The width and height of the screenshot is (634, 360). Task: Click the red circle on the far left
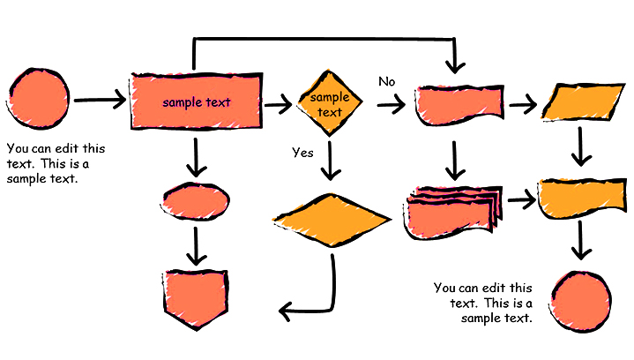point(39,99)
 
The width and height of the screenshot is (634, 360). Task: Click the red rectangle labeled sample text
point(196,101)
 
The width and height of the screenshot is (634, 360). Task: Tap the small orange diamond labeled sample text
point(329,104)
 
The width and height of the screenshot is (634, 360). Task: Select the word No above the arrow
point(386,81)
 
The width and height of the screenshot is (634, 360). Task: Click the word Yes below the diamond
point(302,153)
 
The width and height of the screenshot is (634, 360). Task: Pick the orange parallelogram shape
point(576,102)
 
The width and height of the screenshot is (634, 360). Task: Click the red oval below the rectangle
point(196,201)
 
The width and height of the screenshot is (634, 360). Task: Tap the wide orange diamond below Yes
point(332,216)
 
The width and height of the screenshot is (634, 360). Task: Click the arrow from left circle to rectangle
point(100,100)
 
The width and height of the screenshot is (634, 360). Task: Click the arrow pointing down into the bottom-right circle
point(579,240)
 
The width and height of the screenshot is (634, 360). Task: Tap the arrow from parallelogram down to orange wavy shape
point(579,146)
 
